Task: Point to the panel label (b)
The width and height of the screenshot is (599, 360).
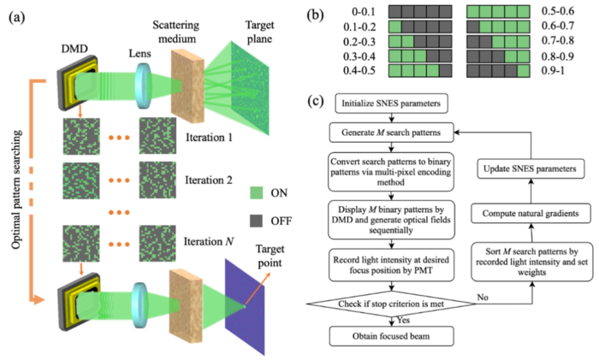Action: pyautogui.click(x=317, y=15)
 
